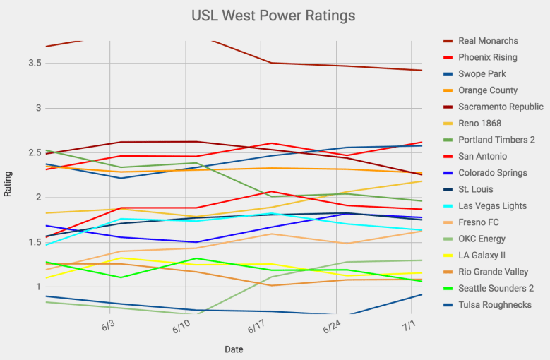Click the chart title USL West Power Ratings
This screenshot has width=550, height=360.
click(x=273, y=15)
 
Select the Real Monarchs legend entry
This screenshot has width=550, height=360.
click(x=488, y=41)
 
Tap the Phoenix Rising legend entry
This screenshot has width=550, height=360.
click(x=487, y=57)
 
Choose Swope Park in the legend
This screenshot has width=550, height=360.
click(x=482, y=74)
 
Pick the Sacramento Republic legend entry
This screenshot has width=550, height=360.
click(x=501, y=107)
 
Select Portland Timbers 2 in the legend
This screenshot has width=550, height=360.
click(x=496, y=140)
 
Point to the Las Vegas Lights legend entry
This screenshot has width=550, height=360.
click(x=492, y=205)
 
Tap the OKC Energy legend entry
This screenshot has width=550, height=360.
click(x=482, y=239)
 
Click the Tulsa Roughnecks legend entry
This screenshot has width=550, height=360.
click(x=495, y=305)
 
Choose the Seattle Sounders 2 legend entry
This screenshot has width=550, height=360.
click(x=496, y=288)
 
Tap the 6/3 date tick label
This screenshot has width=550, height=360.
click(x=109, y=327)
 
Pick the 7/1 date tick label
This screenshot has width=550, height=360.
click(x=409, y=327)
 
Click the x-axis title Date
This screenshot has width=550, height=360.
click(x=234, y=349)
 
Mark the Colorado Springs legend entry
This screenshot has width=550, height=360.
click(x=492, y=173)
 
